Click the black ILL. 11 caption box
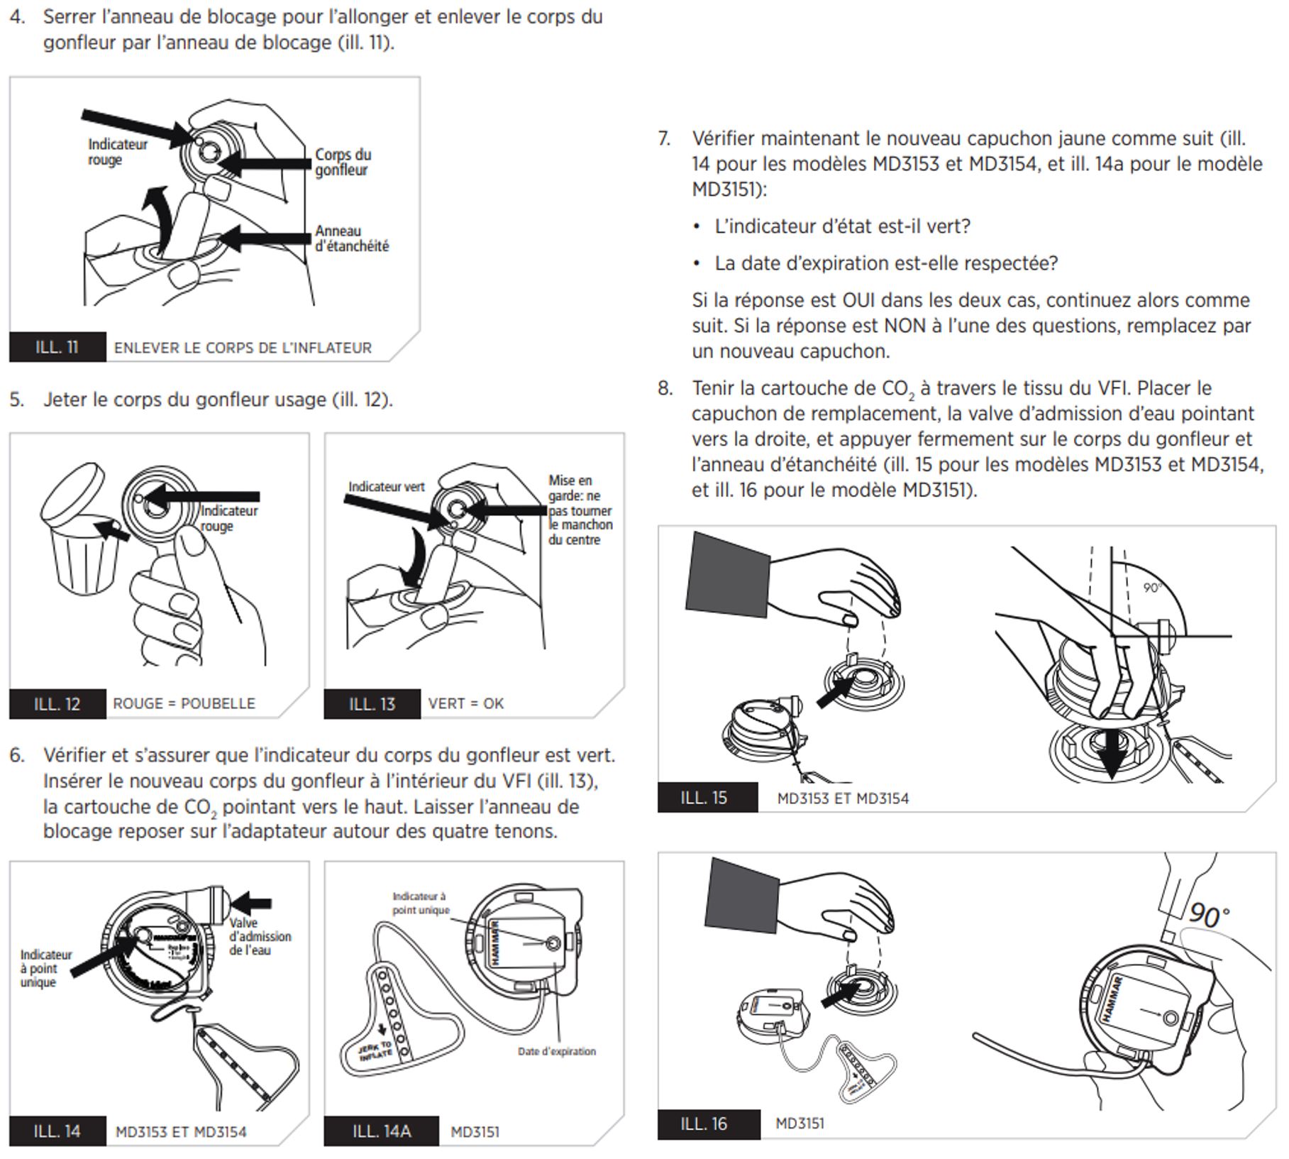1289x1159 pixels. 57,347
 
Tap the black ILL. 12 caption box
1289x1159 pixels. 57,703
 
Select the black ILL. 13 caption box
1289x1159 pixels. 372,703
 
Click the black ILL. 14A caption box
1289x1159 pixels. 382,1131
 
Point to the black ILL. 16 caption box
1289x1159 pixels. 708,1124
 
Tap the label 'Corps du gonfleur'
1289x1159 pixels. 343,162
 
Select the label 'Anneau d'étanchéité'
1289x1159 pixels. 351,238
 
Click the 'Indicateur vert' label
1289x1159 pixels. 386,487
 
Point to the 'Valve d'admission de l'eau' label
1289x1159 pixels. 260,936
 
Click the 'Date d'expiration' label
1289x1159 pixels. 556,1051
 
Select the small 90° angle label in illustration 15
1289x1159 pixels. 1152,588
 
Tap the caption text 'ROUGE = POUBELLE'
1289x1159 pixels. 184,703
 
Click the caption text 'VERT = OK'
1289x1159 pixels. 465,703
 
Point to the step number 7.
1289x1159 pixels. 664,138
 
